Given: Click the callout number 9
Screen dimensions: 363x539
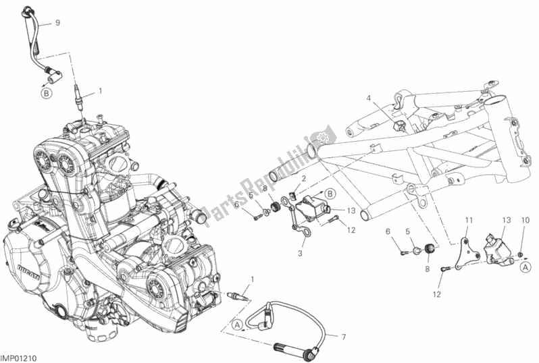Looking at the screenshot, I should (x=58, y=22).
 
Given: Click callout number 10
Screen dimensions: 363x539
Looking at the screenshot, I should (x=525, y=221).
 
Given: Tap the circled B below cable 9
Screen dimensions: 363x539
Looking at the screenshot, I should (x=46, y=94).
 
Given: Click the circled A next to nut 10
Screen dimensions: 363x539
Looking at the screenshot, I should (x=524, y=267).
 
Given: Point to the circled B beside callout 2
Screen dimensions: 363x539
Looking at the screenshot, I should (x=330, y=193).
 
